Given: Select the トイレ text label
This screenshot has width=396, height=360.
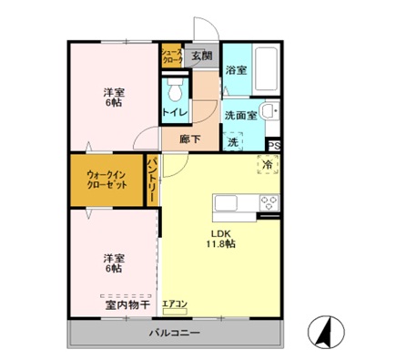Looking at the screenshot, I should (175, 112).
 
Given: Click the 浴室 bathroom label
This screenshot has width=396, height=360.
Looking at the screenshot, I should (236, 70).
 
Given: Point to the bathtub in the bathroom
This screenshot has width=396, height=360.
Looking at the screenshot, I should (268, 67).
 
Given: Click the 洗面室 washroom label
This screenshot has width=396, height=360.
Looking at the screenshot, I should (241, 116).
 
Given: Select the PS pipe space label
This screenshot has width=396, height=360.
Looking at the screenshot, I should (274, 144).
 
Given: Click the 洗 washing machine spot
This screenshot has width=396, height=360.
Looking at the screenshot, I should (232, 142).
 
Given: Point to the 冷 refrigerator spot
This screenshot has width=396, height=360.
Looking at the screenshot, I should (269, 164).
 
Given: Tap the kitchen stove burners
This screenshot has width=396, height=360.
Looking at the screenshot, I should (269, 201).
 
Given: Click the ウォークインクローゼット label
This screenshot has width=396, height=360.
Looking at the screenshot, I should (107, 178).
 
